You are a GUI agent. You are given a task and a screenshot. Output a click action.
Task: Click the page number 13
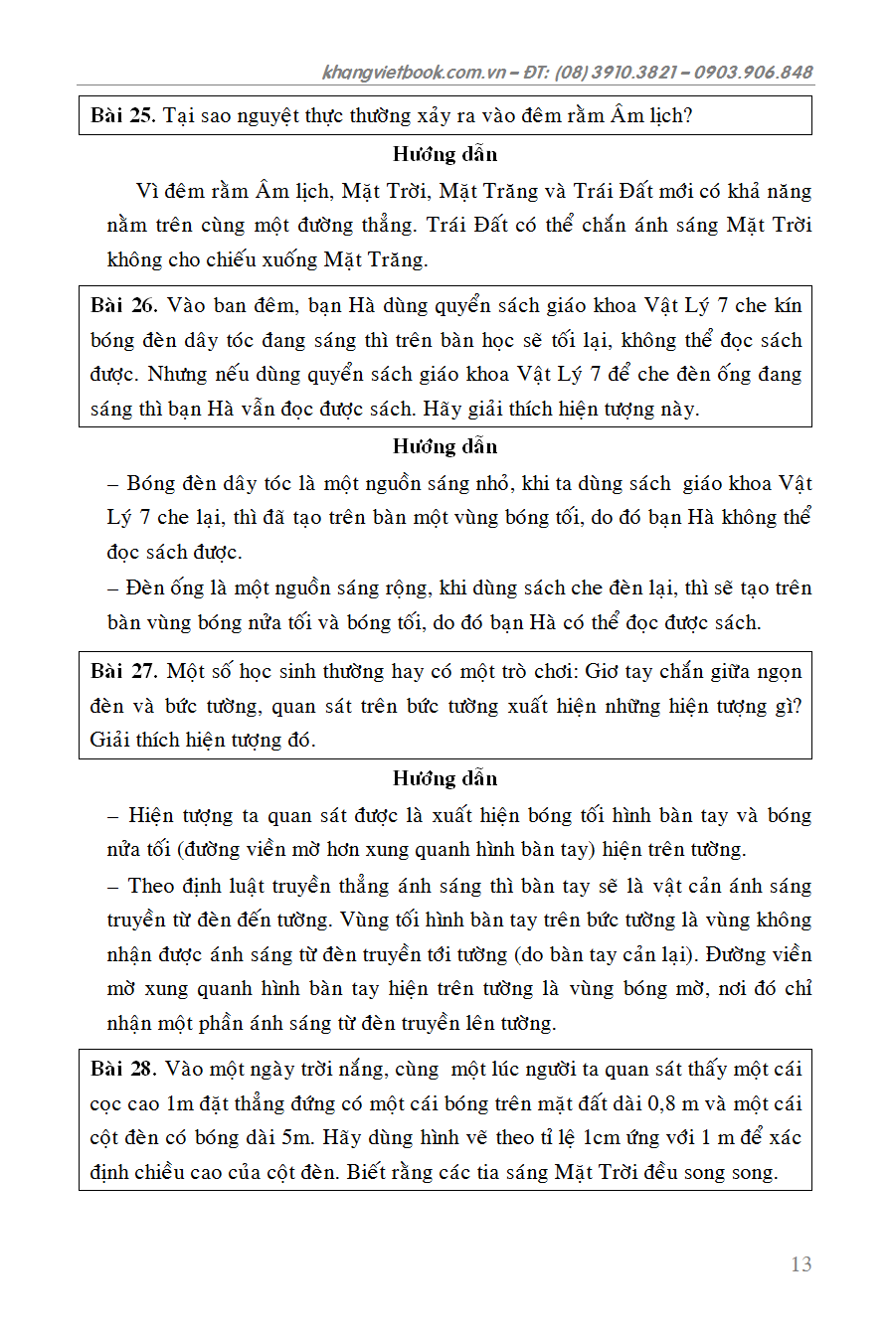pos(800,1264)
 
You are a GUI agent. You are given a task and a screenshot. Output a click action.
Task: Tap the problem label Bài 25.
pos(123,115)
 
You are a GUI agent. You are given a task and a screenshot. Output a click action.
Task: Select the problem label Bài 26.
pos(123,305)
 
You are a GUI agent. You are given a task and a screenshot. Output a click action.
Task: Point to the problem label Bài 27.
pos(123,671)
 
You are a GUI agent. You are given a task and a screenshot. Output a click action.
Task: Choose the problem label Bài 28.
pos(123,1069)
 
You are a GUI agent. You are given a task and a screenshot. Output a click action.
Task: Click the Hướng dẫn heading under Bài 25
pos(444,154)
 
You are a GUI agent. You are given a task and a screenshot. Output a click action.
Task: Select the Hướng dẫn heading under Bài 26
pos(444,446)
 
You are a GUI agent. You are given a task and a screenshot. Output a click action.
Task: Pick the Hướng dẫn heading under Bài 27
pos(444,778)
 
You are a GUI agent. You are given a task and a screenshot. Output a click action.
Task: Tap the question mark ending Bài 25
pos(688,115)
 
